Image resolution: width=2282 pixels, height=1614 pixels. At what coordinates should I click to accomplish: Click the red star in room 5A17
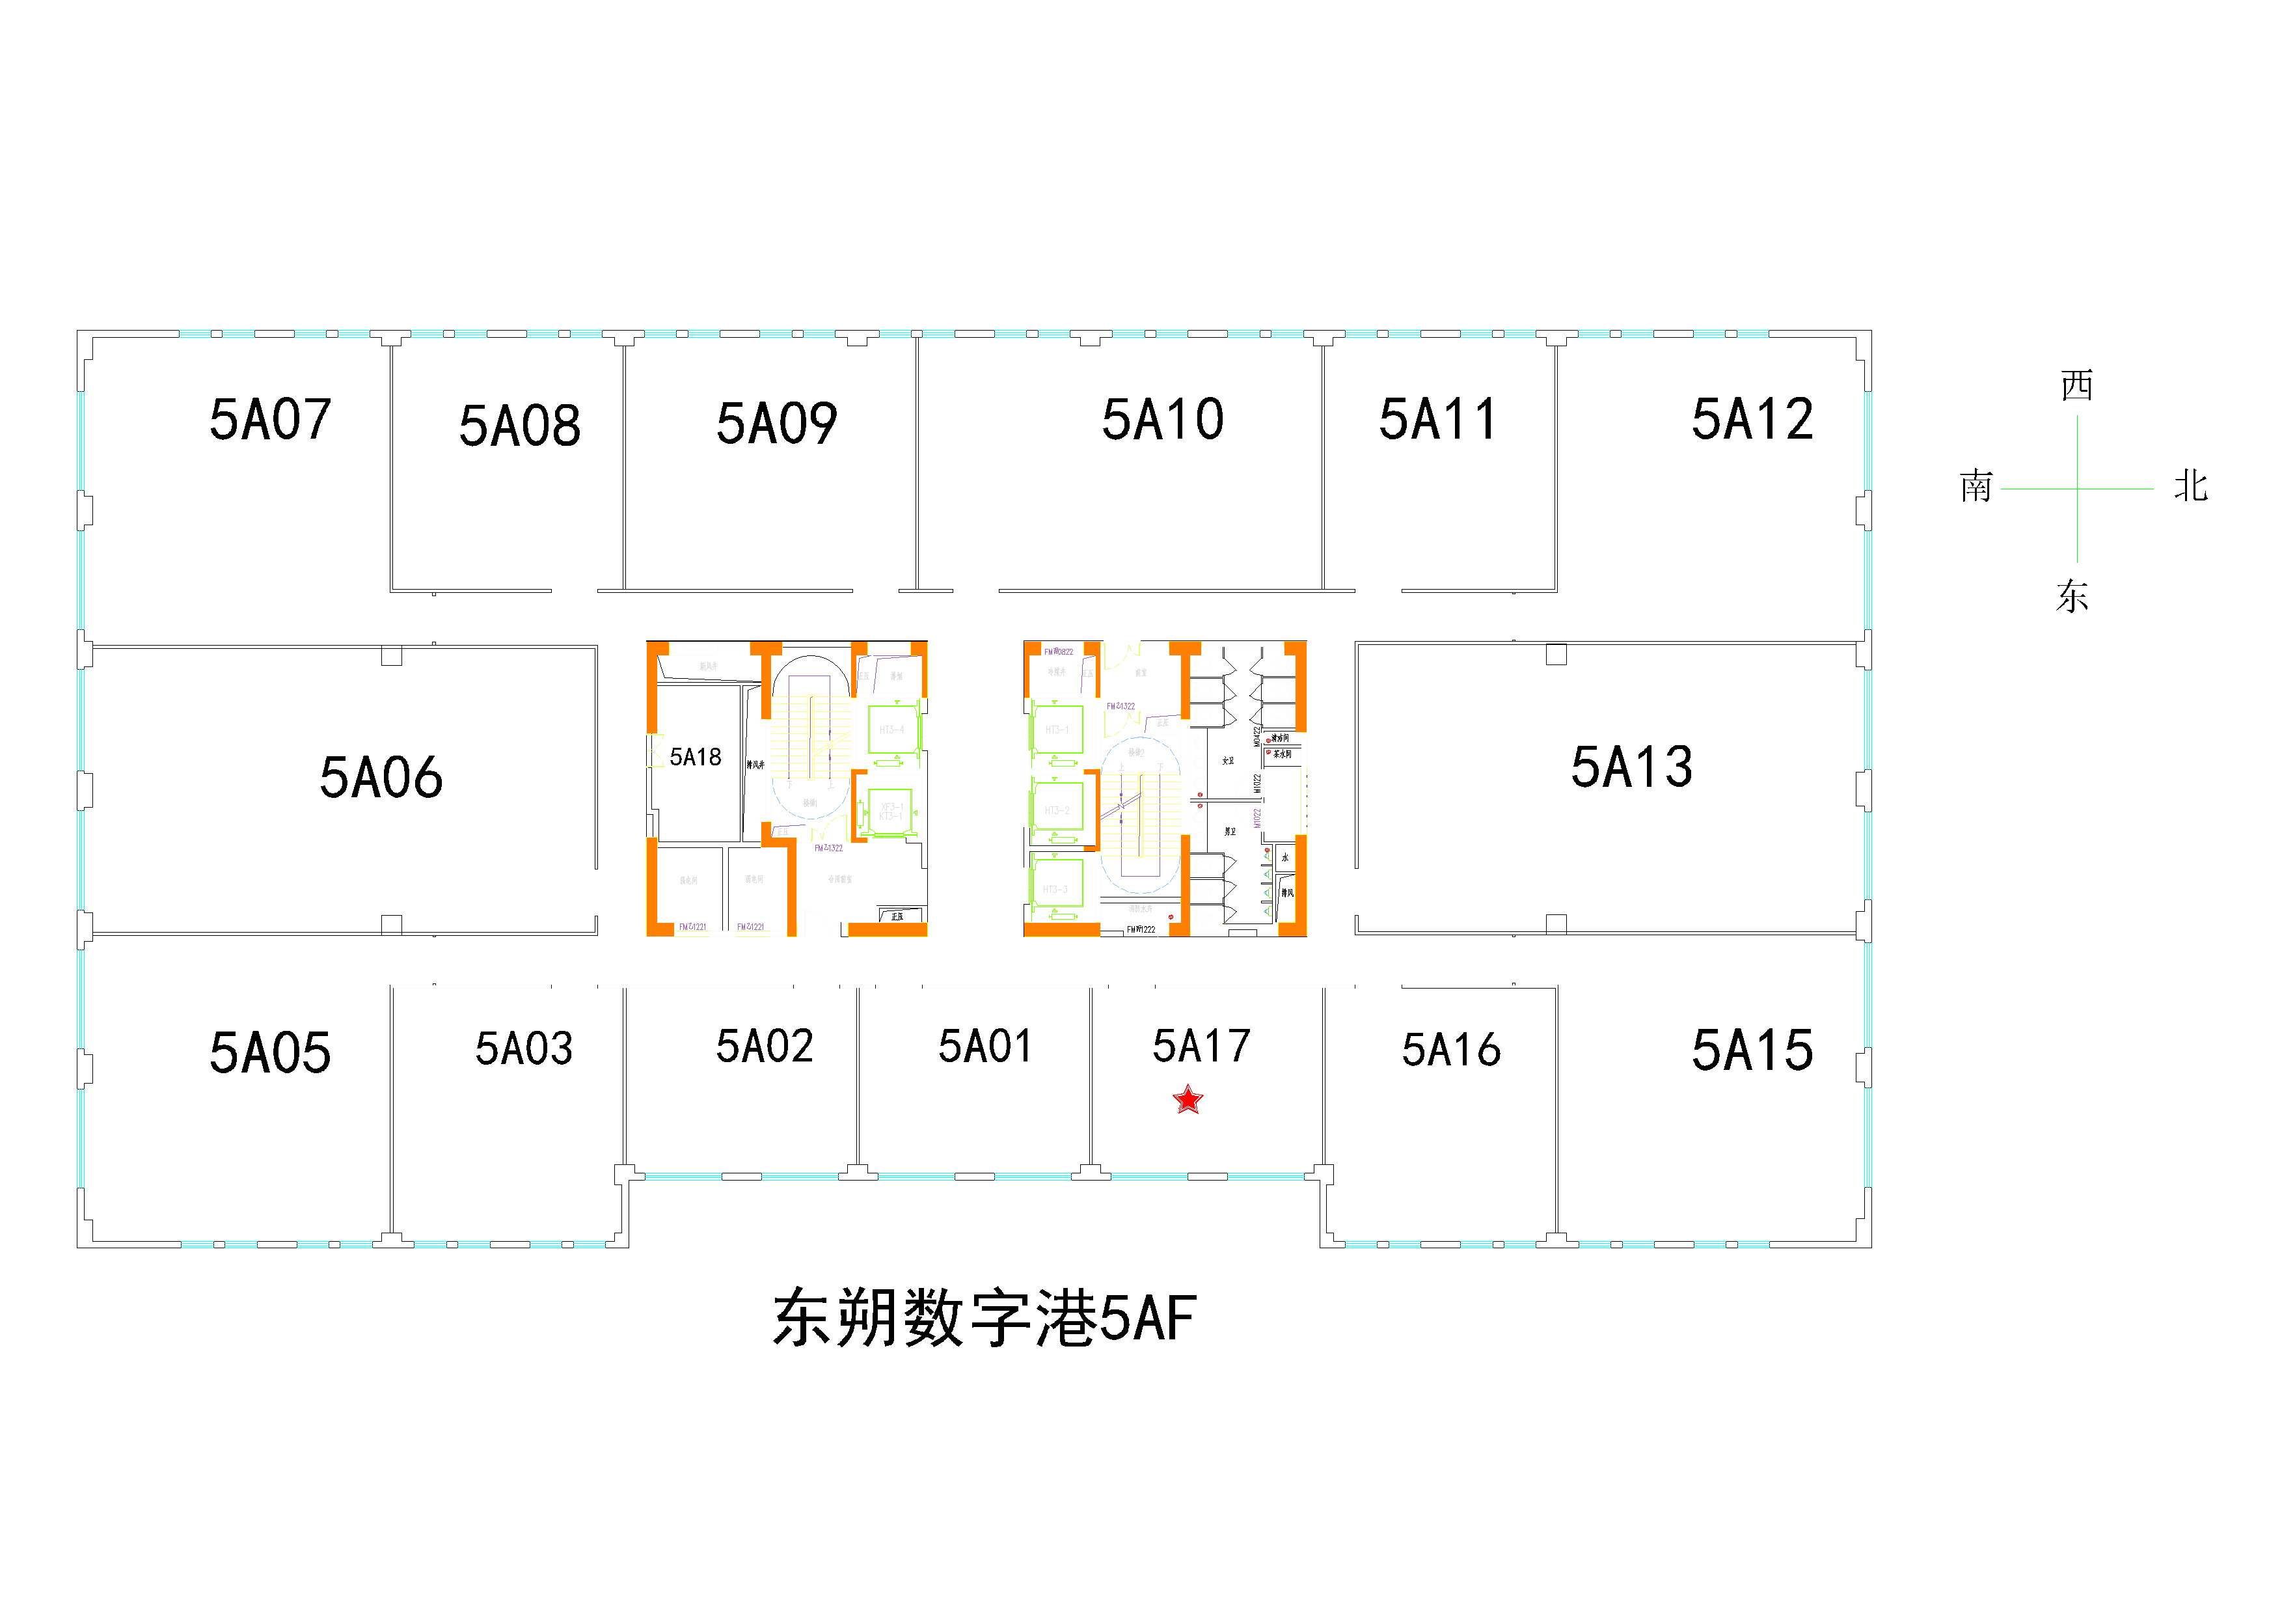(1188, 1100)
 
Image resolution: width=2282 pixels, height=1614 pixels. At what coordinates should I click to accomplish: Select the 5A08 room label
(520, 426)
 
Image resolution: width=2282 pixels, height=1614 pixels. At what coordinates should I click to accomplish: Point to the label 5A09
(777, 424)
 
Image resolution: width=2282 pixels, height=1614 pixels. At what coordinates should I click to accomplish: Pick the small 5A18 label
(696, 758)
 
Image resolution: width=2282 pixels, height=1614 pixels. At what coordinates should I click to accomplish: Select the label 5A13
(1632, 767)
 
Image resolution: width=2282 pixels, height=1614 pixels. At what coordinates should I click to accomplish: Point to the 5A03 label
(524, 1048)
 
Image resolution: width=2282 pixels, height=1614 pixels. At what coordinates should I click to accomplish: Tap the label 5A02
(765, 1046)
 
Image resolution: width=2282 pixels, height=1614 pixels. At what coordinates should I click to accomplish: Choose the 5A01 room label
(986, 1046)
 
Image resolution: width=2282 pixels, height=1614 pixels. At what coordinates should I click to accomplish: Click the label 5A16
(1451, 1050)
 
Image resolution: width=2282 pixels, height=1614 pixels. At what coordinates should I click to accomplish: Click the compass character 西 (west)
(2076, 386)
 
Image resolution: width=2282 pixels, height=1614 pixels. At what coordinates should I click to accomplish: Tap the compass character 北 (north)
(2190, 487)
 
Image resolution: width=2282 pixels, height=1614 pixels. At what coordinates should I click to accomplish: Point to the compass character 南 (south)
(1976, 487)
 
